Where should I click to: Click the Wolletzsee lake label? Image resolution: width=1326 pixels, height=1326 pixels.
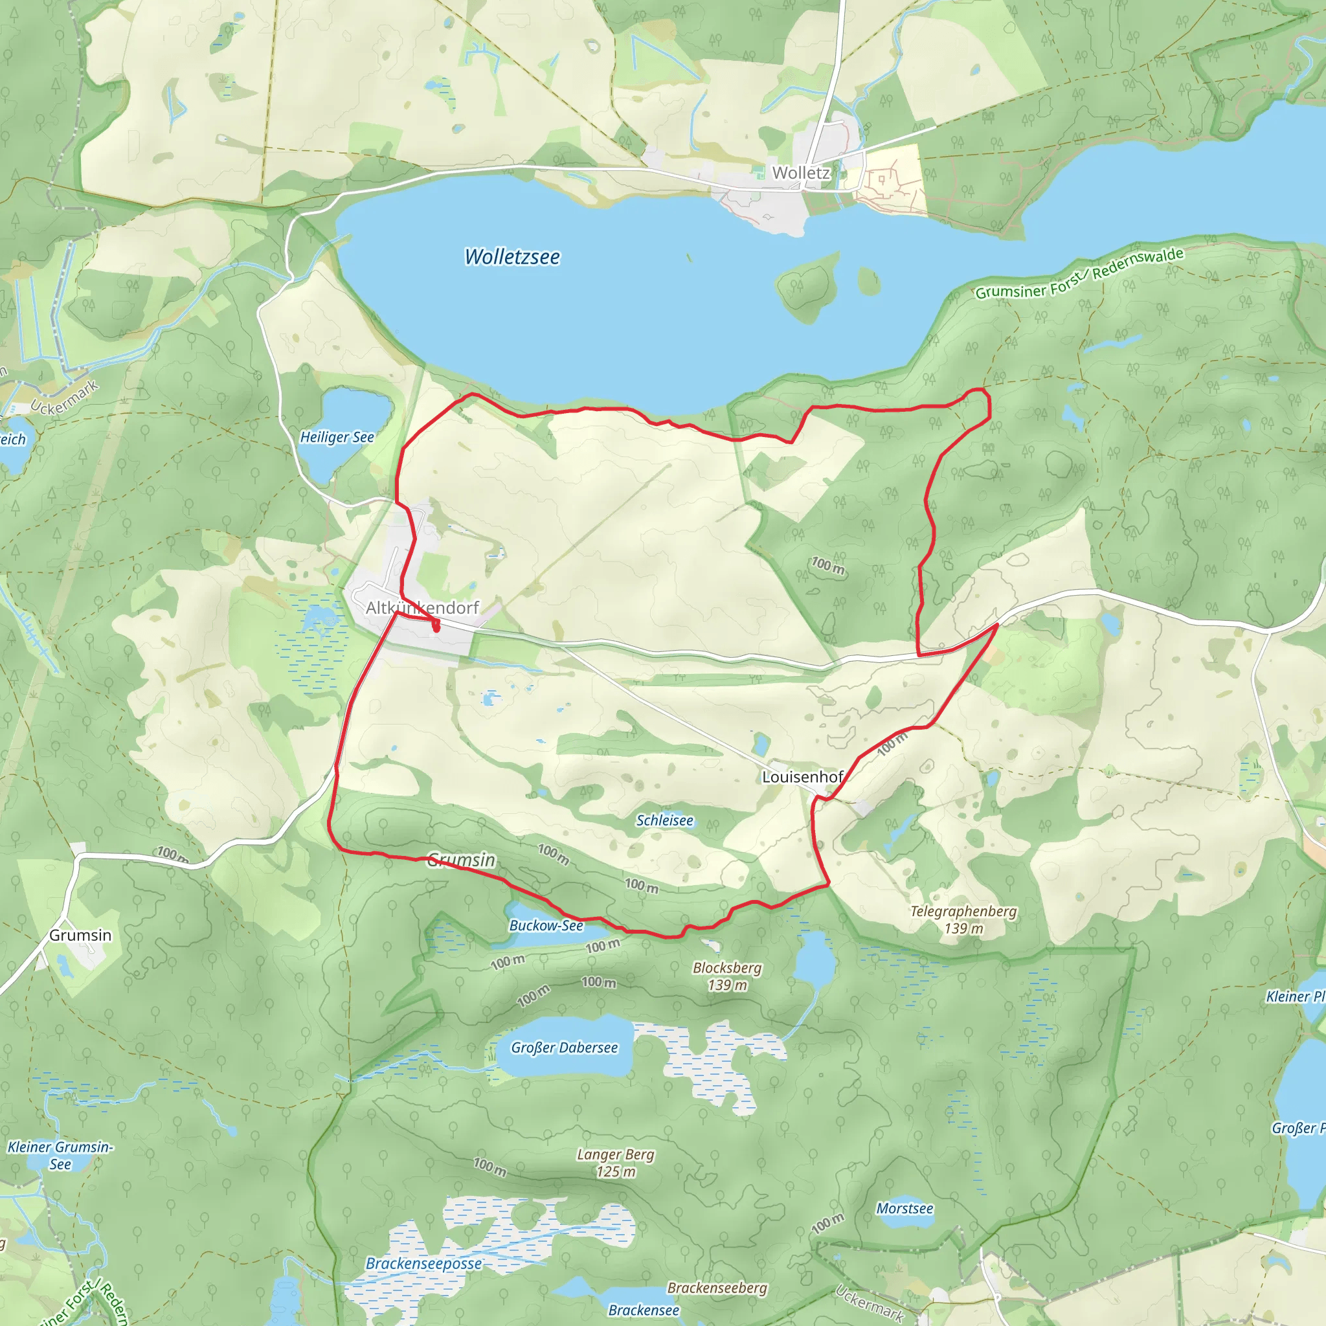point(512,256)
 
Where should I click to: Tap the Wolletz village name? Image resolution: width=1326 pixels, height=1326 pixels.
point(800,173)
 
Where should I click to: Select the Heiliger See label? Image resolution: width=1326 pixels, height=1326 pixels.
point(337,437)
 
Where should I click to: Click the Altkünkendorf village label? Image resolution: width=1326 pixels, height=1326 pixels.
point(422,607)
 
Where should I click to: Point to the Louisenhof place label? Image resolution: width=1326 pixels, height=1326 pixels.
point(802,777)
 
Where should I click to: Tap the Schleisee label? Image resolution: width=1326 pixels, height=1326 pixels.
point(664,820)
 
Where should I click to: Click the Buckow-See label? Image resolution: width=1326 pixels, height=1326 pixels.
point(546,925)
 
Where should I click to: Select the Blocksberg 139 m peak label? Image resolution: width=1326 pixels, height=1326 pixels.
point(727,976)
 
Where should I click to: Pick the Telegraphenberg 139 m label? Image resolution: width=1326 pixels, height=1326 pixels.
point(963,919)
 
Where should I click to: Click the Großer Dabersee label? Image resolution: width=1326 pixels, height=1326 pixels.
point(564,1048)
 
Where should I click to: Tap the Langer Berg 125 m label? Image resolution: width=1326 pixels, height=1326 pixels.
point(616,1163)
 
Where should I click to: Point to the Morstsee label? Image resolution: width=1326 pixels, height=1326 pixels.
point(905,1209)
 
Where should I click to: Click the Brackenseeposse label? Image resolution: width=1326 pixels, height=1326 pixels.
point(423,1264)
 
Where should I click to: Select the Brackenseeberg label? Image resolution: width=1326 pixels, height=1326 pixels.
point(717,1288)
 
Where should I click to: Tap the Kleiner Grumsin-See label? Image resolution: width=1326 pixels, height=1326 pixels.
point(60,1155)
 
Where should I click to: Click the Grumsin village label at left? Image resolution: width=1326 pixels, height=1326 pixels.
point(80,935)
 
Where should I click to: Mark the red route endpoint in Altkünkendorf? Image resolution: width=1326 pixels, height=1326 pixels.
point(436,627)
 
